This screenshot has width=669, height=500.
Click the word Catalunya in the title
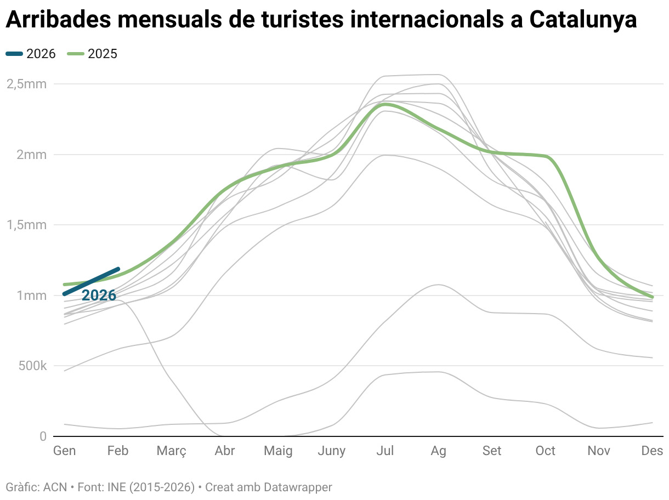(x=583, y=21)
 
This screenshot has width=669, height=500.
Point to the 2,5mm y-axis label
(x=26, y=84)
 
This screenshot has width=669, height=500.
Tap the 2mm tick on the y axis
(x=31, y=155)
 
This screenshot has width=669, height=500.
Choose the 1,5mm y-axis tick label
(x=26, y=225)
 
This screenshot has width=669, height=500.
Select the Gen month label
(x=65, y=451)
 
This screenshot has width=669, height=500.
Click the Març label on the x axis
(x=171, y=451)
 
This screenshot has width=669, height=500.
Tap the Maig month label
(x=278, y=451)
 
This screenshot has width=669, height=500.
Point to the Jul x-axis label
(x=385, y=451)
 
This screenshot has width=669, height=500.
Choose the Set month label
(x=492, y=451)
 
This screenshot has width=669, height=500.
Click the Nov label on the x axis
(x=599, y=451)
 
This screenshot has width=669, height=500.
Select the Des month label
(x=652, y=451)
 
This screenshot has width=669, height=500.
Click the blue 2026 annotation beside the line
(x=99, y=296)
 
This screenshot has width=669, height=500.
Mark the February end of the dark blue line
(x=118, y=269)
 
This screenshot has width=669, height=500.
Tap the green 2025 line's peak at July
(x=385, y=104)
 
